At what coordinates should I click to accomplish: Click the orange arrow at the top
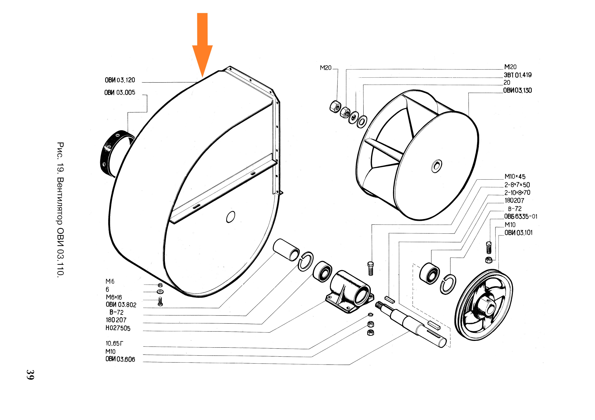(x=202, y=45)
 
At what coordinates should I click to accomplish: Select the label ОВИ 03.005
(x=120, y=93)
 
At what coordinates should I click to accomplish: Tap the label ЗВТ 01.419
(x=517, y=75)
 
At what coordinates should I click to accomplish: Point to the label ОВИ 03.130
(x=517, y=90)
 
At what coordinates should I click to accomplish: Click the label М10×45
(x=515, y=177)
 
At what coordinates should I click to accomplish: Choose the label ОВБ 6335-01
(x=521, y=216)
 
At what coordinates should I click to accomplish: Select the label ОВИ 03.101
(x=518, y=233)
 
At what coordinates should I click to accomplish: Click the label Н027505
(x=118, y=328)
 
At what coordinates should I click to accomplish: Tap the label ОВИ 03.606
(x=120, y=359)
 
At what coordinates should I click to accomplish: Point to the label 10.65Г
(x=114, y=343)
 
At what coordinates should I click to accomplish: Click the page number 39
(x=30, y=374)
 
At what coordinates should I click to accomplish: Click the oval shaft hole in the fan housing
(x=231, y=217)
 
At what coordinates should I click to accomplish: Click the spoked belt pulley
(x=484, y=305)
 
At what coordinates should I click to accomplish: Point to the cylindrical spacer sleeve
(x=286, y=250)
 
